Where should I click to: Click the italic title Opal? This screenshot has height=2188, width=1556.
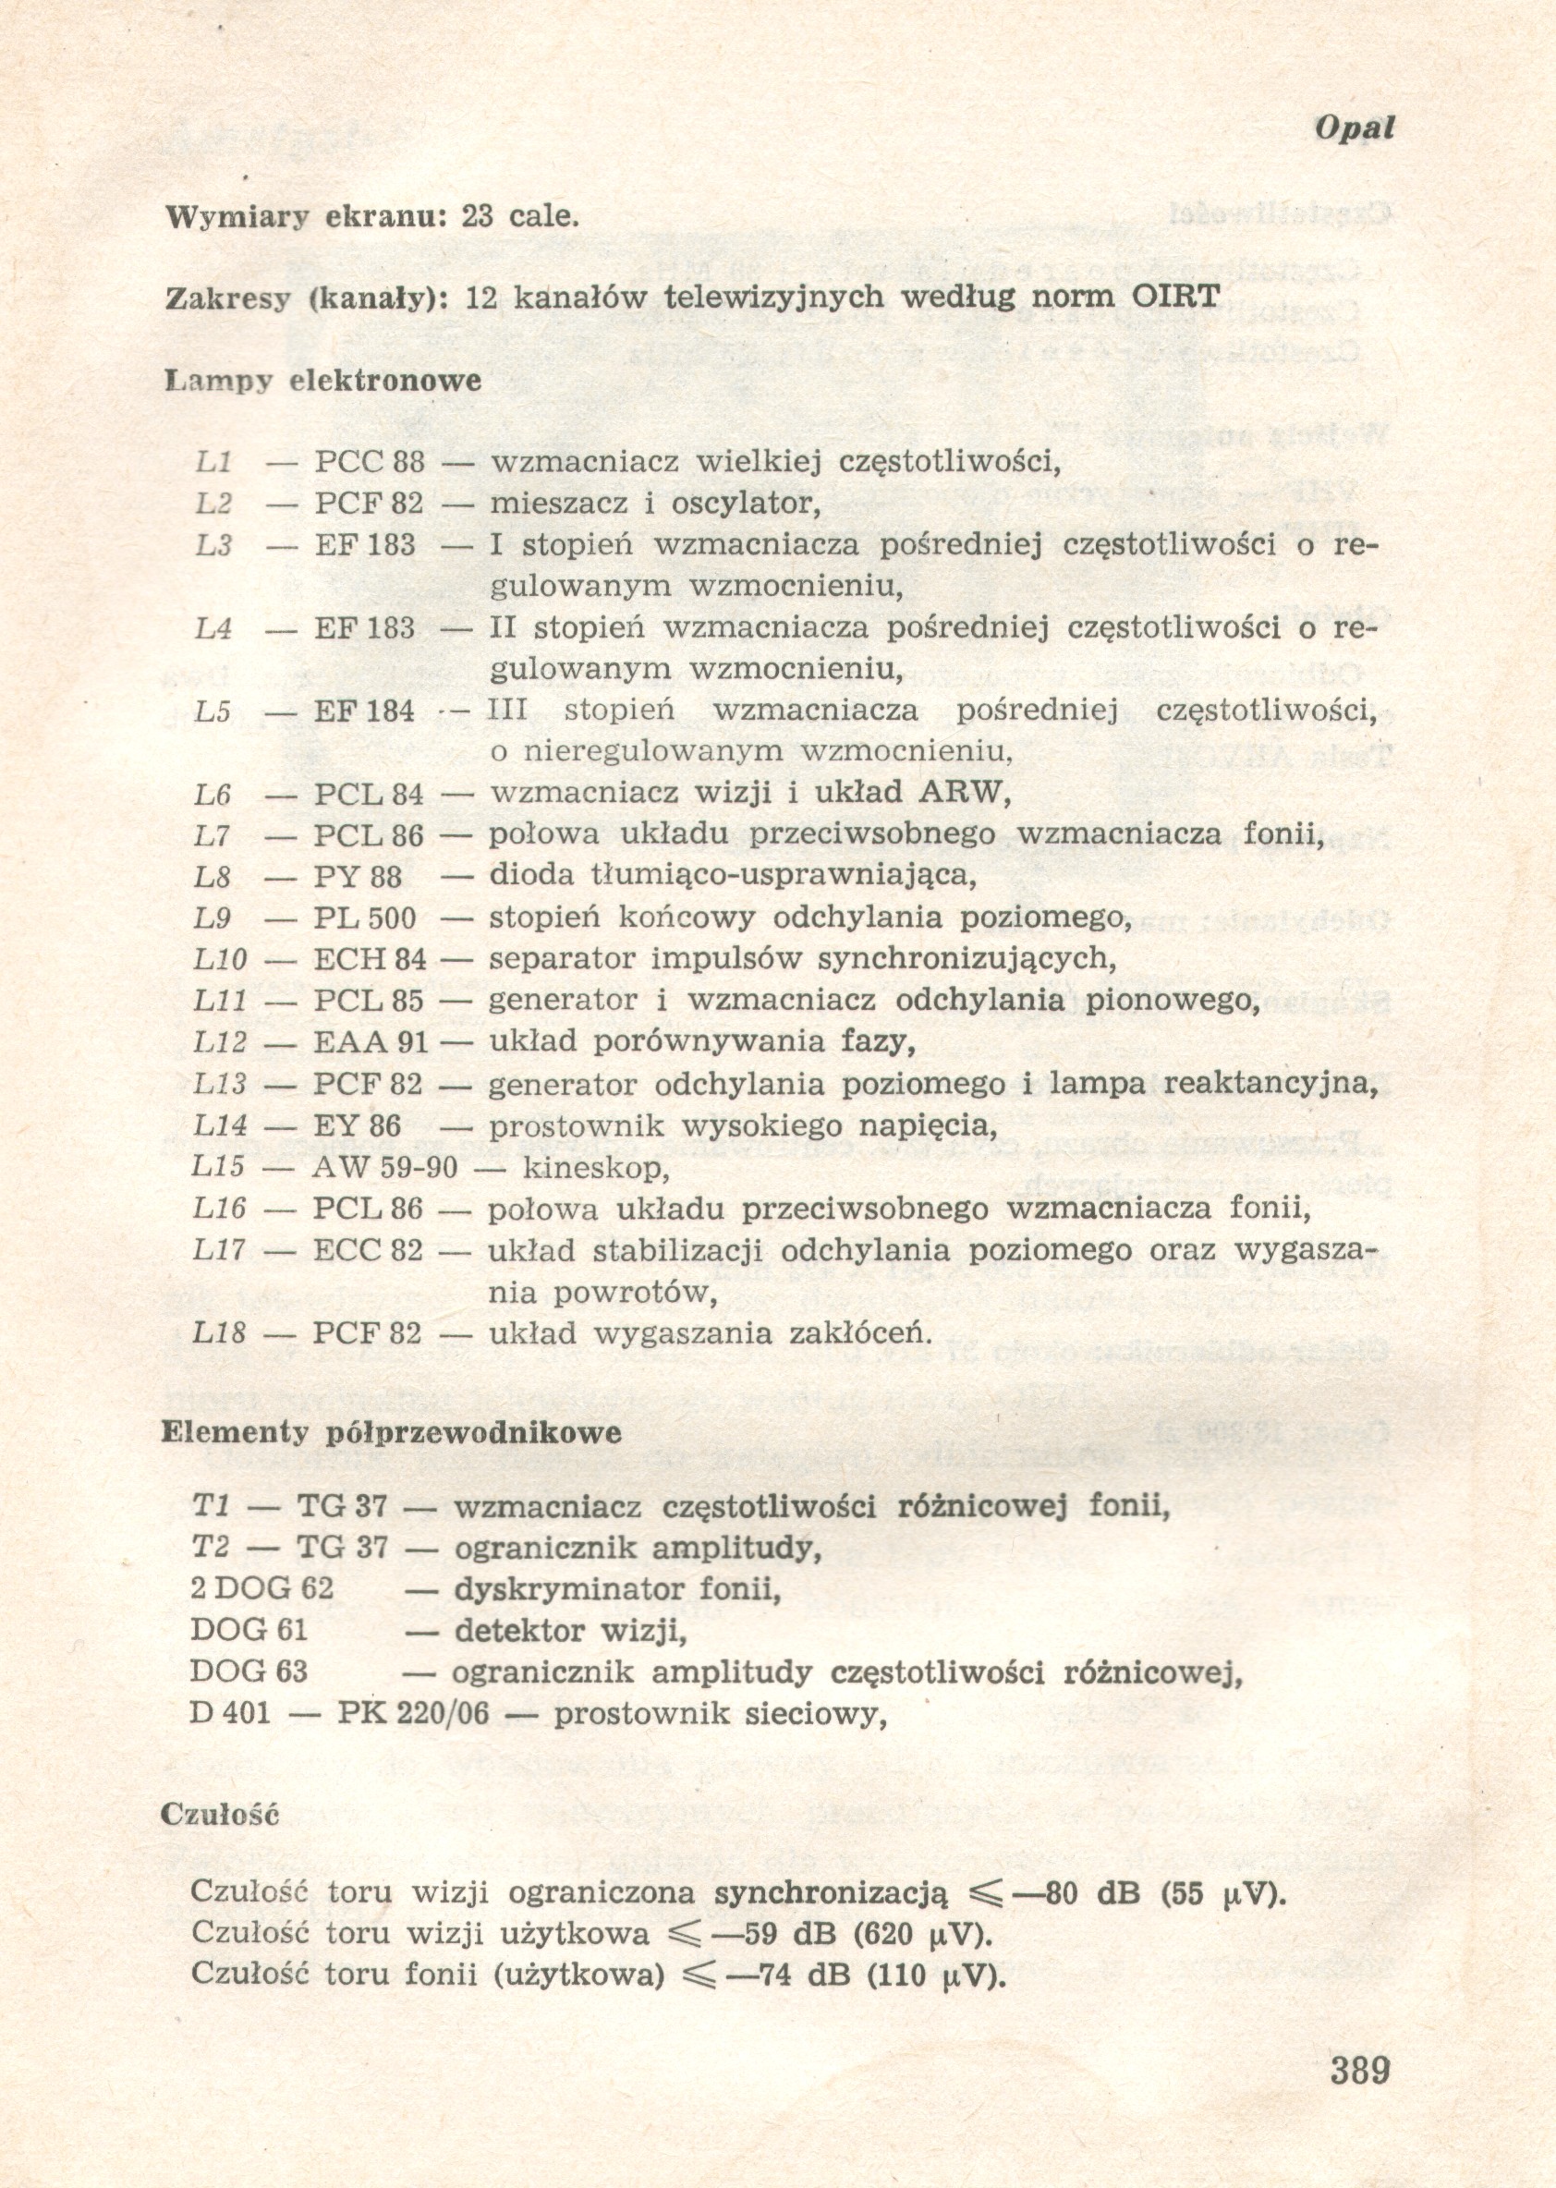[x=1353, y=128]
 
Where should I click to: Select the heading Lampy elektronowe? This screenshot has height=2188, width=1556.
[x=323, y=382]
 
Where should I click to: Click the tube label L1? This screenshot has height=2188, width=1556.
[x=213, y=463]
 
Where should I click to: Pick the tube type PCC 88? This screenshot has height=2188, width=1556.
[x=369, y=463]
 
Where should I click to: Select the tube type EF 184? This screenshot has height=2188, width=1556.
[x=364, y=711]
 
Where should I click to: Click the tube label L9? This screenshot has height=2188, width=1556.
[x=213, y=918]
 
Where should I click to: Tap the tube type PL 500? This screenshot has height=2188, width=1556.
[x=365, y=918]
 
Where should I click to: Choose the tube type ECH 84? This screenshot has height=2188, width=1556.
[x=370, y=960]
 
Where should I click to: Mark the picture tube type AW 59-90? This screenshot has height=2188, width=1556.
[x=385, y=1168]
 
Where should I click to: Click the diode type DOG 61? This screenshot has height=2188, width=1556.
[x=249, y=1632]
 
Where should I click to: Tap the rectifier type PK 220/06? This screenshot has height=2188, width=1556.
[x=413, y=1714]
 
